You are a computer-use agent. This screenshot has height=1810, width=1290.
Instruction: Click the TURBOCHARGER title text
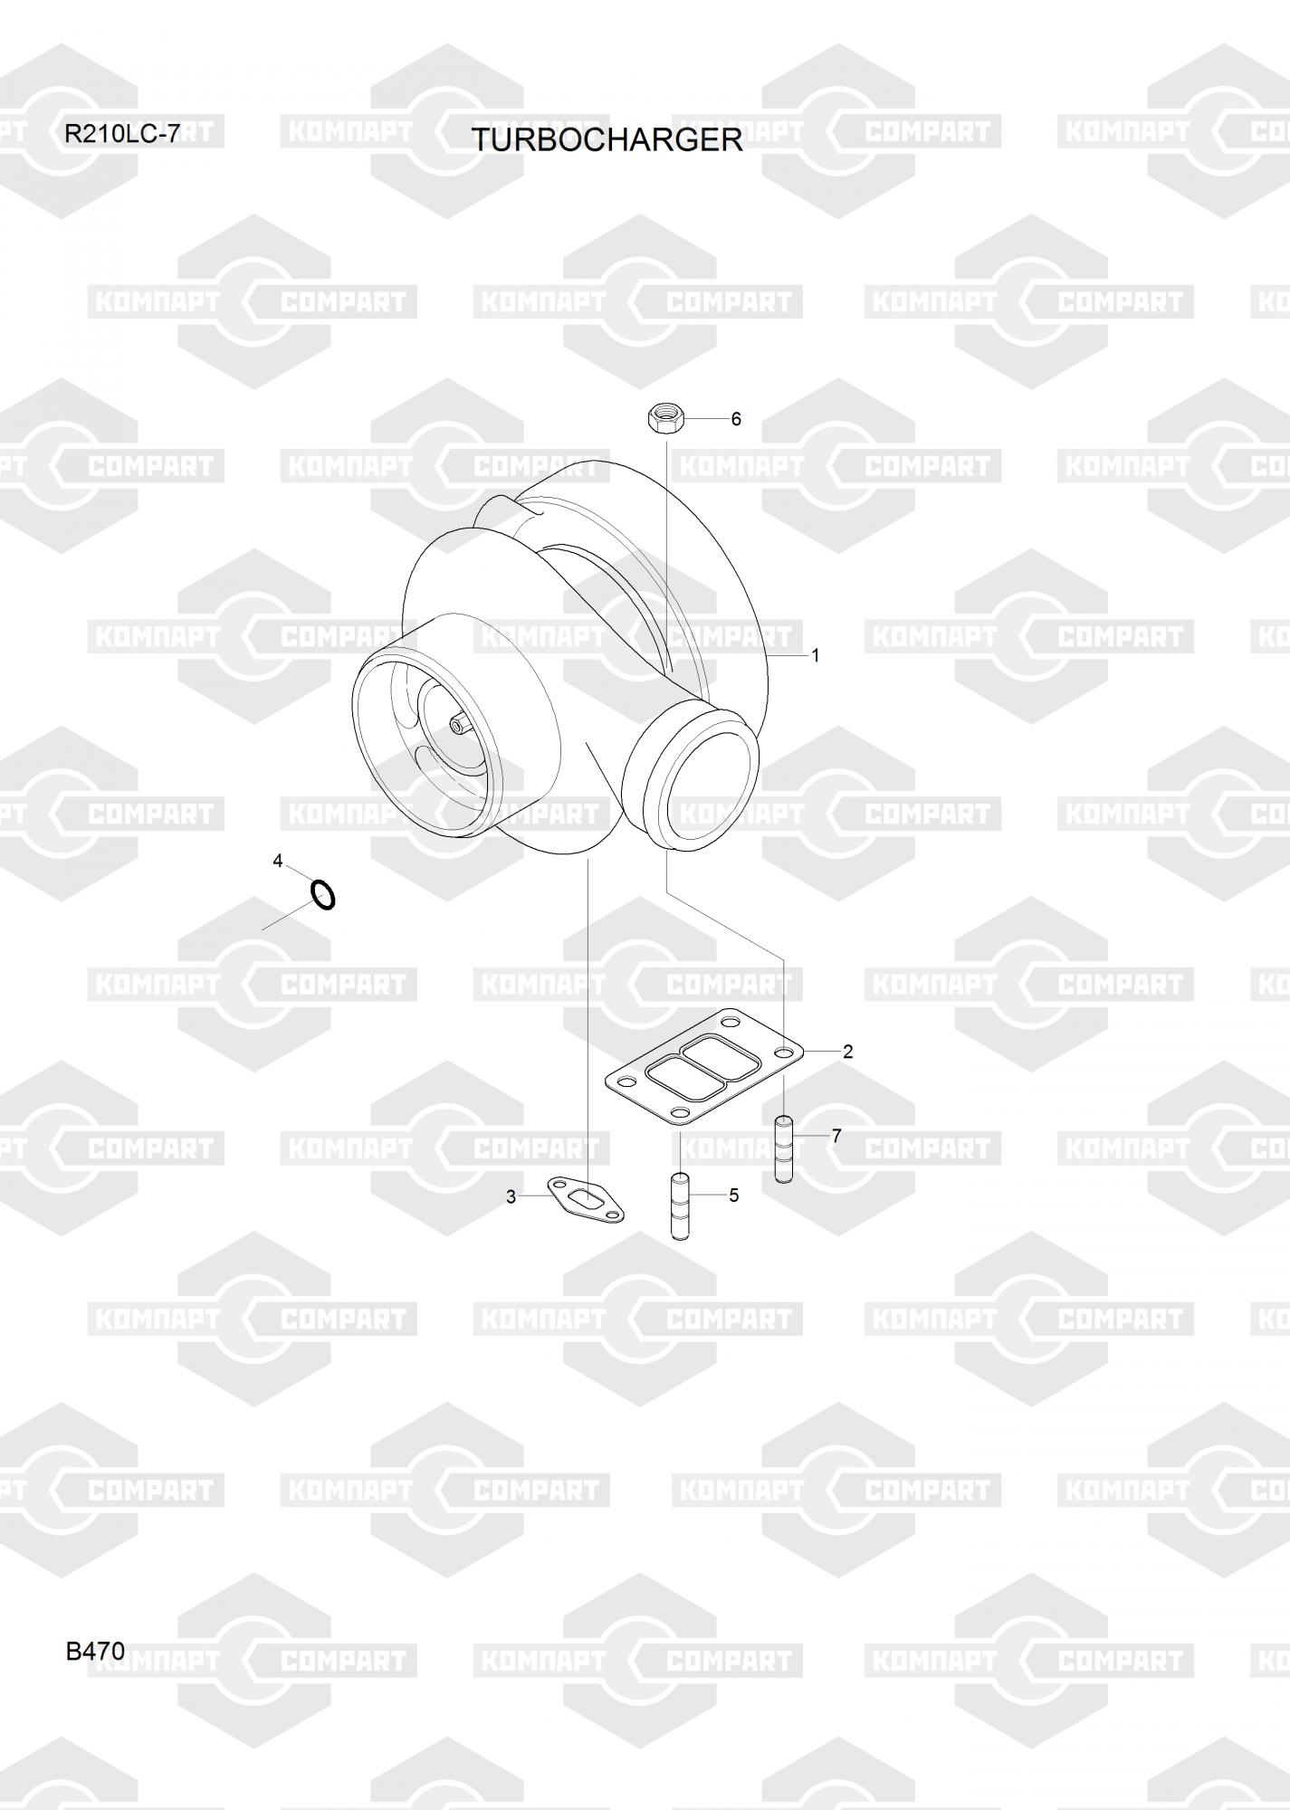tap(606, 140)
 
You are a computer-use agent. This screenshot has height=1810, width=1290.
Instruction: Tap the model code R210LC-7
tap(121, 135)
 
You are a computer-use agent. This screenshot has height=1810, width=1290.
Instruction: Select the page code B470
tap(95, 1652)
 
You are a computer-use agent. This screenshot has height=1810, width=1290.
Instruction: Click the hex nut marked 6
tap(665, 419)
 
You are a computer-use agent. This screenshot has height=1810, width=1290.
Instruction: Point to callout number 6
tap(736, 419)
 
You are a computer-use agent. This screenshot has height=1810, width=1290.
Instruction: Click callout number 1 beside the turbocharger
tap(815, 655)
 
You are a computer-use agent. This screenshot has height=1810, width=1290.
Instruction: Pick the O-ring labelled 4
tap(323, 894)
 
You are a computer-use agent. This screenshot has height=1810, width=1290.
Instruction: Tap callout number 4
tap(278, 861)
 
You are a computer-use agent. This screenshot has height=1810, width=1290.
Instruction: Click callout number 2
tap(847, 1052)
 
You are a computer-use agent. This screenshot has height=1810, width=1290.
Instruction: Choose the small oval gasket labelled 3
tap(586, 1200)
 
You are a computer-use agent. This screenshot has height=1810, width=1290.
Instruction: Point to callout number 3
tap(511, 1197)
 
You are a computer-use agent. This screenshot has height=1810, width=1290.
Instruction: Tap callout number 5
tap(733, 1196)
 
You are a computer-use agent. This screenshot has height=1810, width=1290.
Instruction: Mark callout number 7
tap(836, 1136)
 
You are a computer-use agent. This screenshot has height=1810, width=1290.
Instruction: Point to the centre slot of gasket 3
tap(588, 1200)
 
